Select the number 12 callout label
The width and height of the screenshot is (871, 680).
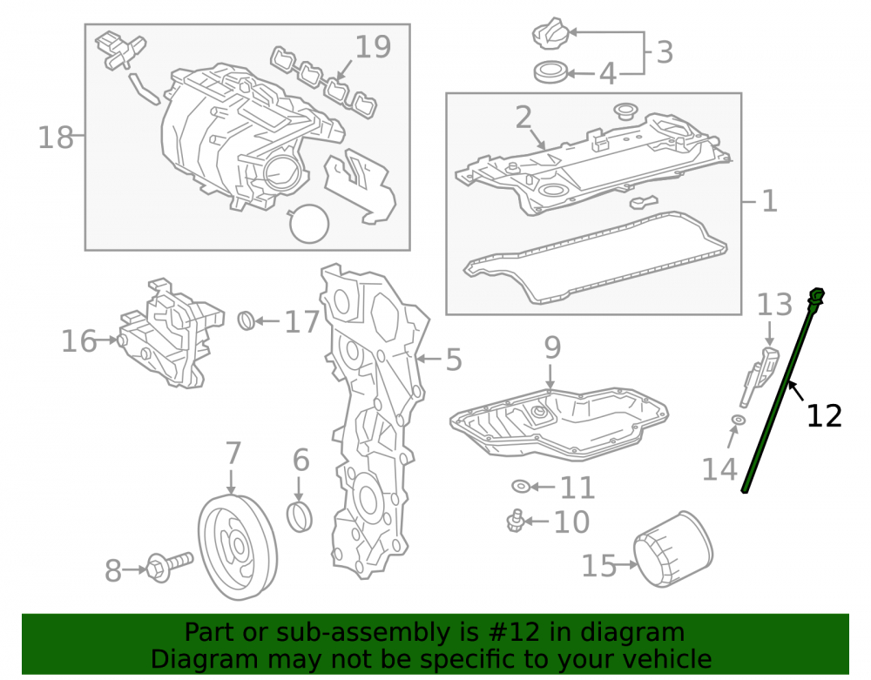pyautogui.click(x=824, y=416)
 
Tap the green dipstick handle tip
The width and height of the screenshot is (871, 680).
pyautogui.click(x=817, y=294)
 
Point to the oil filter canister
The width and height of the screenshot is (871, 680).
pyautogui.click(x=673, y=549)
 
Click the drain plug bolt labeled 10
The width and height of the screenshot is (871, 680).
pyautogui.click(x=516, y=521)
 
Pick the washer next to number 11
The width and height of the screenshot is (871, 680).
pyautogui.click(x=521, y=487)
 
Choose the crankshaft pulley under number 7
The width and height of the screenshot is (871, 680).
pyautogui.click(x=237, y=547)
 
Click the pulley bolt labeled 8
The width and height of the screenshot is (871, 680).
pyautogui.click(x=170, y=566)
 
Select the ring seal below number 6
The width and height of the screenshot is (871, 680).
pyautogui.click(x=300, y=517)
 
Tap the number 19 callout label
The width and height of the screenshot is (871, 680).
pyautogui.click(x=373, y=47)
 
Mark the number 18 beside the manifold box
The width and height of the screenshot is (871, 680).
pyautogui.click(x=56, y=137)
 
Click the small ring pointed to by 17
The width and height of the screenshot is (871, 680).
pyautogui.click(x=246, y=320)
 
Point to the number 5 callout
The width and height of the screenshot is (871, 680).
pyautogui.click(x=454, y=360)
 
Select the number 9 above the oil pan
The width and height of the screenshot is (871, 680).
pyautogui.click(x=552, y=347)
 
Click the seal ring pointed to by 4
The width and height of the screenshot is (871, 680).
pyautogui.click(x=550, y=73)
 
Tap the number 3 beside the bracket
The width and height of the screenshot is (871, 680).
pyautogui.click(x=665, y=52)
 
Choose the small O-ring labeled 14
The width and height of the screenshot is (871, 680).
pyautogui.click(x=738, y=419)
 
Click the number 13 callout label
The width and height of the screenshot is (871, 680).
pyautogui.click(x=774, y=305)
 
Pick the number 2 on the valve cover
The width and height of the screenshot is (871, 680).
pyautogui.click(x=523, y=118)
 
